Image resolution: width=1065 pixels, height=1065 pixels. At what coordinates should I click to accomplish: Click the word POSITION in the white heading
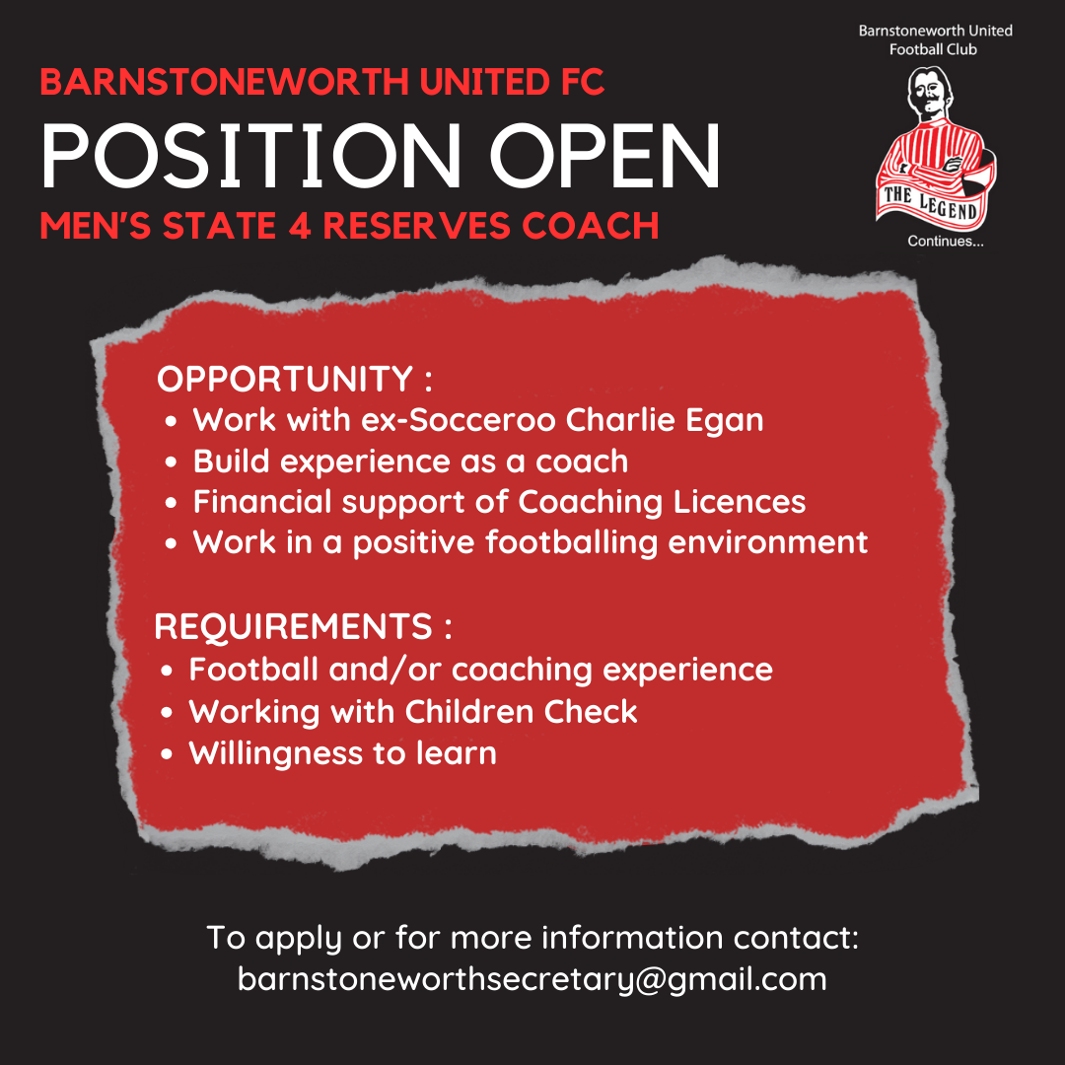[x=250, y=156]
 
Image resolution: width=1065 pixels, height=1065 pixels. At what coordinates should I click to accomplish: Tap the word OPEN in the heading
[x=604, y=156]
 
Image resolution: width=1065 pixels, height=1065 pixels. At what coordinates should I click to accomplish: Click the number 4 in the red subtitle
[x=300, y=226]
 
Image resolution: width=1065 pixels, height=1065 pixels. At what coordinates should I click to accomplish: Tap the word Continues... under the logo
[x=946, y=242]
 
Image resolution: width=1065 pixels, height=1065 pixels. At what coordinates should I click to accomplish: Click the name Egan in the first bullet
[x=724, y=421]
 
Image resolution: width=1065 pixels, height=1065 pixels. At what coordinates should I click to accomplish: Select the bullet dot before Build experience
[x=172, y=462]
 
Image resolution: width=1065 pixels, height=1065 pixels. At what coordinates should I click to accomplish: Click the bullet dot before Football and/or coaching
[x=167, y=672]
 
